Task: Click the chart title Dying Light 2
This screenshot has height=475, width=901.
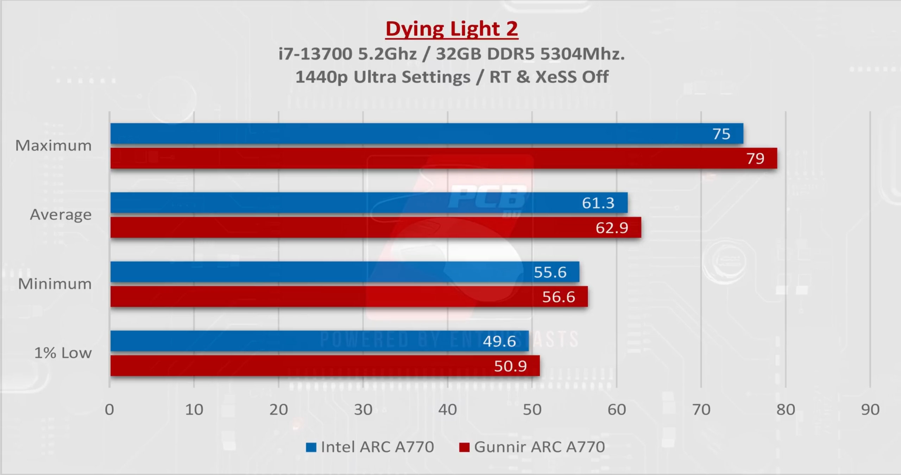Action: (x=452, y=29)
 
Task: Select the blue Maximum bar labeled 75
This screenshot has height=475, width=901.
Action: (x=427, y=133)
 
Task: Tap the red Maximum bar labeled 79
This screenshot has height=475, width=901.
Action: (x=443, y=158)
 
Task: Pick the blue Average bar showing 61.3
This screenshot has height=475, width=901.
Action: (x=369, y=203)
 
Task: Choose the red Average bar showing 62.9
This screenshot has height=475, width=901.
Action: (x=376, y=227)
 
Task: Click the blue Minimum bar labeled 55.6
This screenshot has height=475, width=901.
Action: (x=345, y=272)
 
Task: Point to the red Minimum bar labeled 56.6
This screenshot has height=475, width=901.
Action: (x=349, y=296)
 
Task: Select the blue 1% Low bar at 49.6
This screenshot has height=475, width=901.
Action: (x=319, y=341)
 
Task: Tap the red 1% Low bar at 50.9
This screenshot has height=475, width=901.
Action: (x=325, y=365)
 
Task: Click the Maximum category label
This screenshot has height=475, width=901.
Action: (x=53, y=145)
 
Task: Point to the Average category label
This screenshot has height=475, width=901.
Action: (x=61, y=214)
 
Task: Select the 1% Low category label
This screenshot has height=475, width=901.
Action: (x=63, y=353)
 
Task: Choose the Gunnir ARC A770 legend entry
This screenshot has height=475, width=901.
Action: (x=533, y=447)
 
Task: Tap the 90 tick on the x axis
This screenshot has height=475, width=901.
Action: (x=870, y=410)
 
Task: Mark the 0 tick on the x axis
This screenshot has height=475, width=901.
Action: (x=109, y=410)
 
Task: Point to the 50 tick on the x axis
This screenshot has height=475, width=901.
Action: (x=532, y=410)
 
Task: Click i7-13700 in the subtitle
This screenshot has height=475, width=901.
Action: (x=315, y=54)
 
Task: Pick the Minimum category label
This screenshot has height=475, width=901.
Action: (x=55, y=284)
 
